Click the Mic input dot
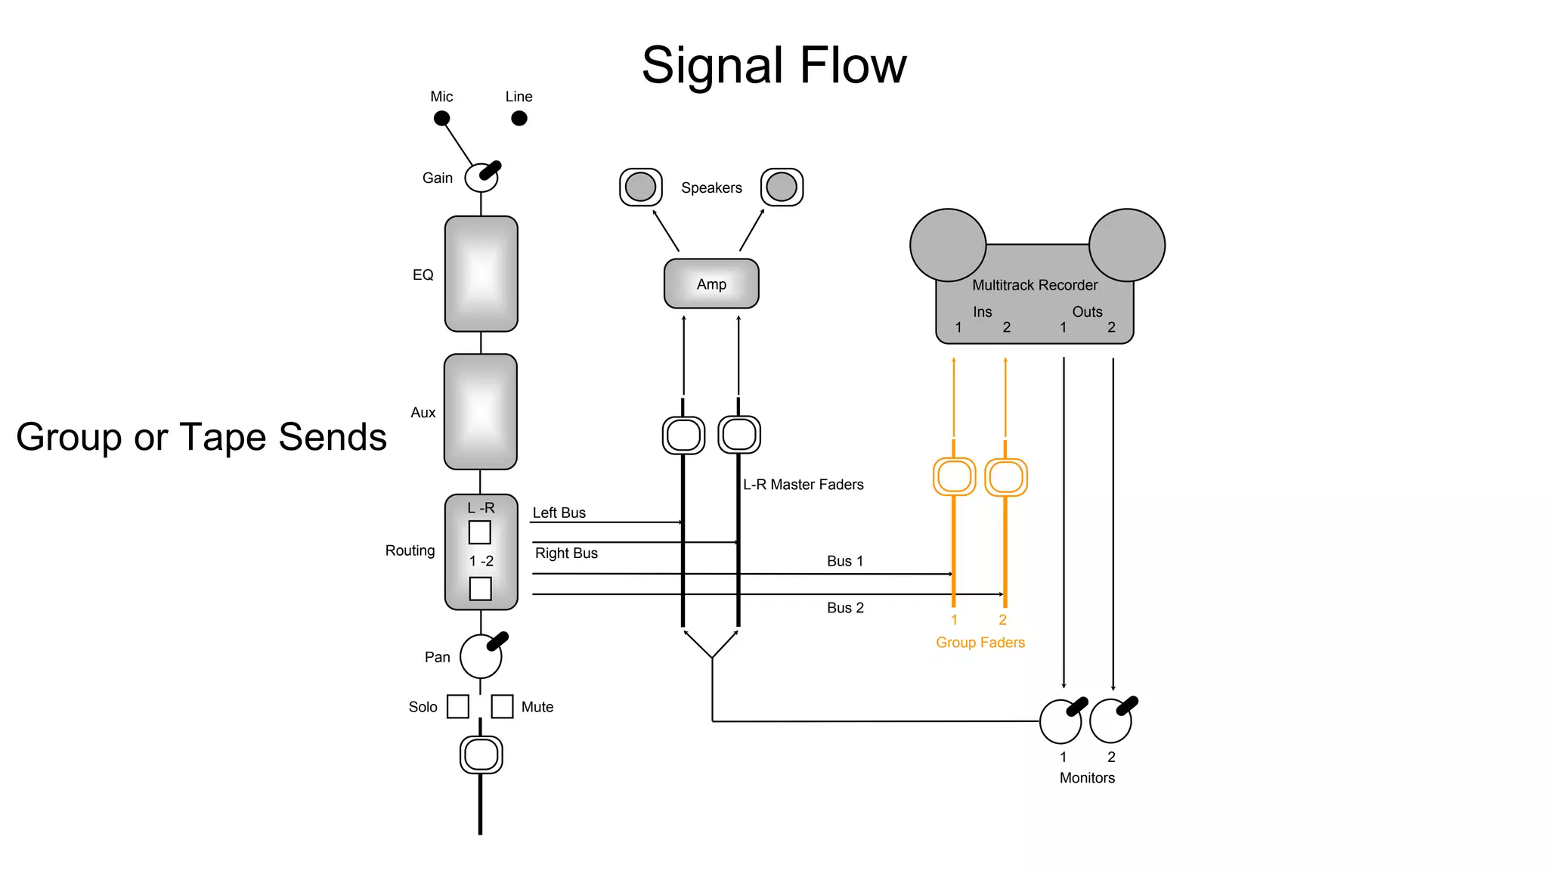(x=442, y=118)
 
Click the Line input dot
(x=519, y=118)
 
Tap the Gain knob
(x=481, y=178)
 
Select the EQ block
(x=481, y=274)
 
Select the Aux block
(x=481, y=412)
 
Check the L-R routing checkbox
(x=480, y=532)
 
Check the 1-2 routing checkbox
(x=481, y=588)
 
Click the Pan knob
(x=481, y=656)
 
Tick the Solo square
(x=458, y=706)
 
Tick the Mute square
(x=503, y=706)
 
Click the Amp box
(x=711, y=284)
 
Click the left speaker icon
(x=641, y=187)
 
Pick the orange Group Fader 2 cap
(x=1006, y=477)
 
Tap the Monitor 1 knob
(x=1060, y=721)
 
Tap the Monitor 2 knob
(x=1111, y=721)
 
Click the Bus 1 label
(x=845, y=561)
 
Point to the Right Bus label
(x=566, y=553)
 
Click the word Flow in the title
(x=853, y=65)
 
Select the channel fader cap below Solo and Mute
(x=481, y=755)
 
